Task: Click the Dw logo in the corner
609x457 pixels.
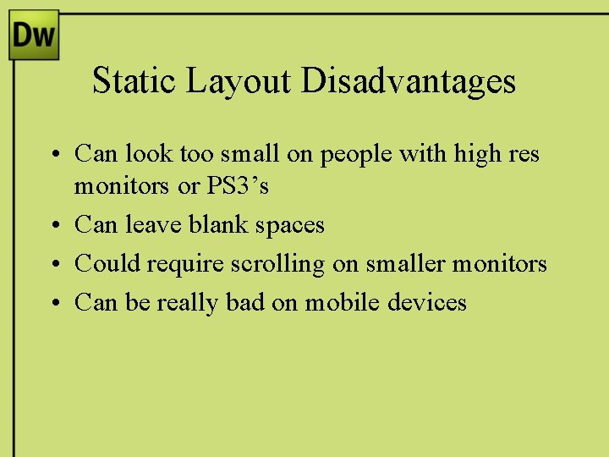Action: (34, 35)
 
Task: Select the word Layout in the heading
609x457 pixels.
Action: (239, 81)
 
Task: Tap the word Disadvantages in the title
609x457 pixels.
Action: (409, 81)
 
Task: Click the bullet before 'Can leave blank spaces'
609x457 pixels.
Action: (52, 225)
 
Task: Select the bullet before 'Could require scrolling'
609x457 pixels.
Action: (52, 264)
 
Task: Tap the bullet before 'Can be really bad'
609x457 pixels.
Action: (52, 303)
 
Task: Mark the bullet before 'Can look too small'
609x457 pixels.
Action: (52, 154)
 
